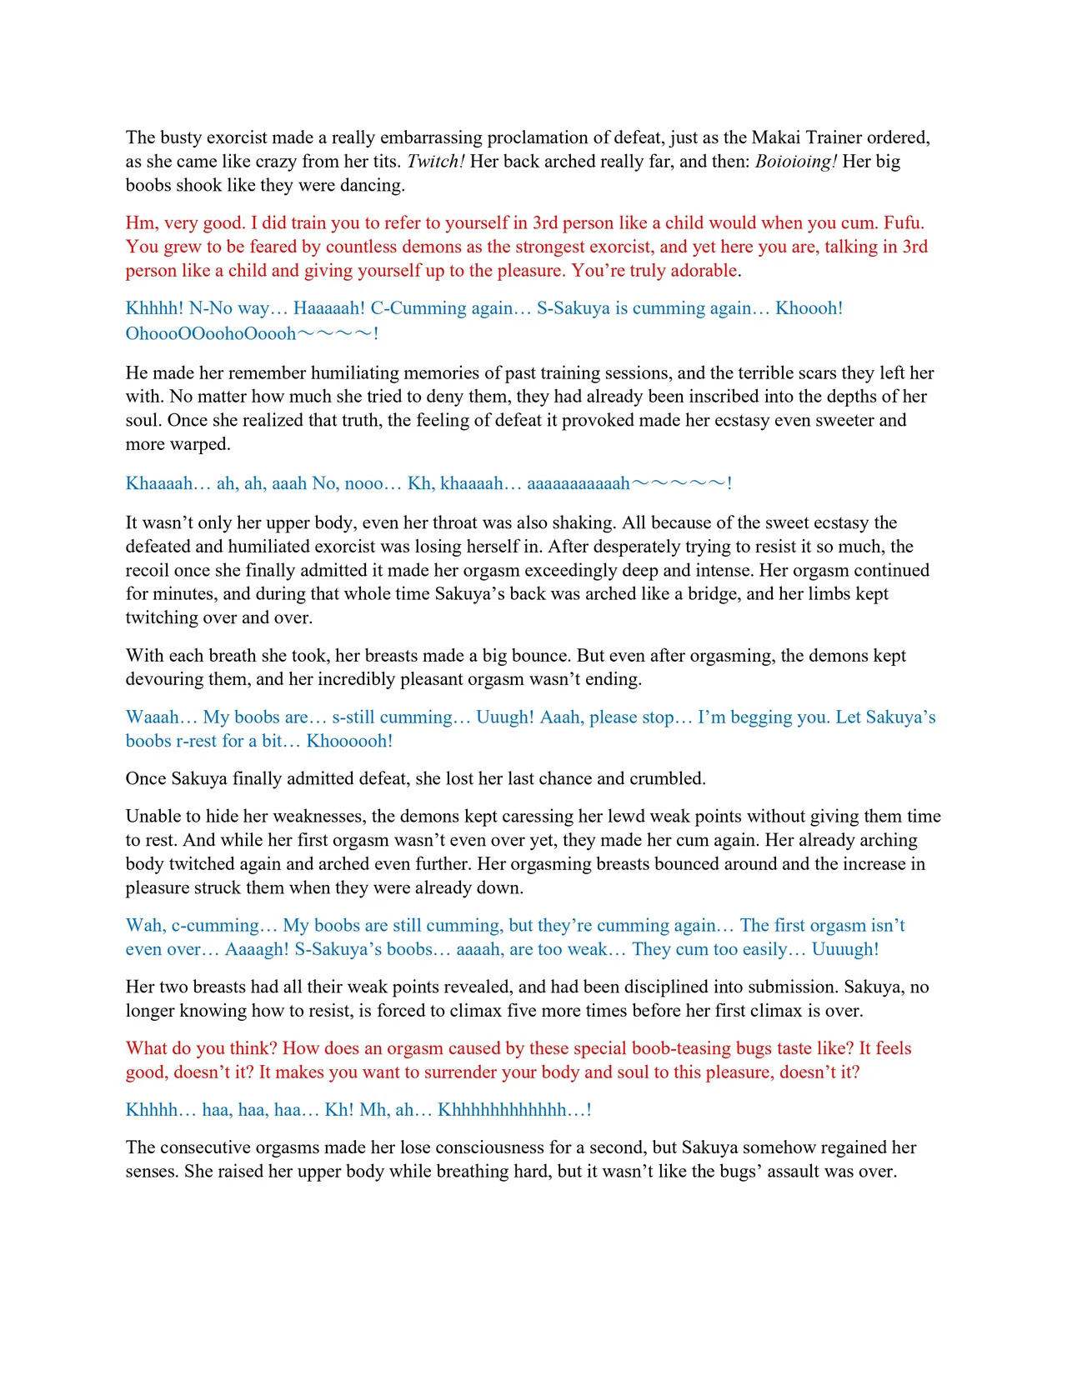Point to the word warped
point(201,444)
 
